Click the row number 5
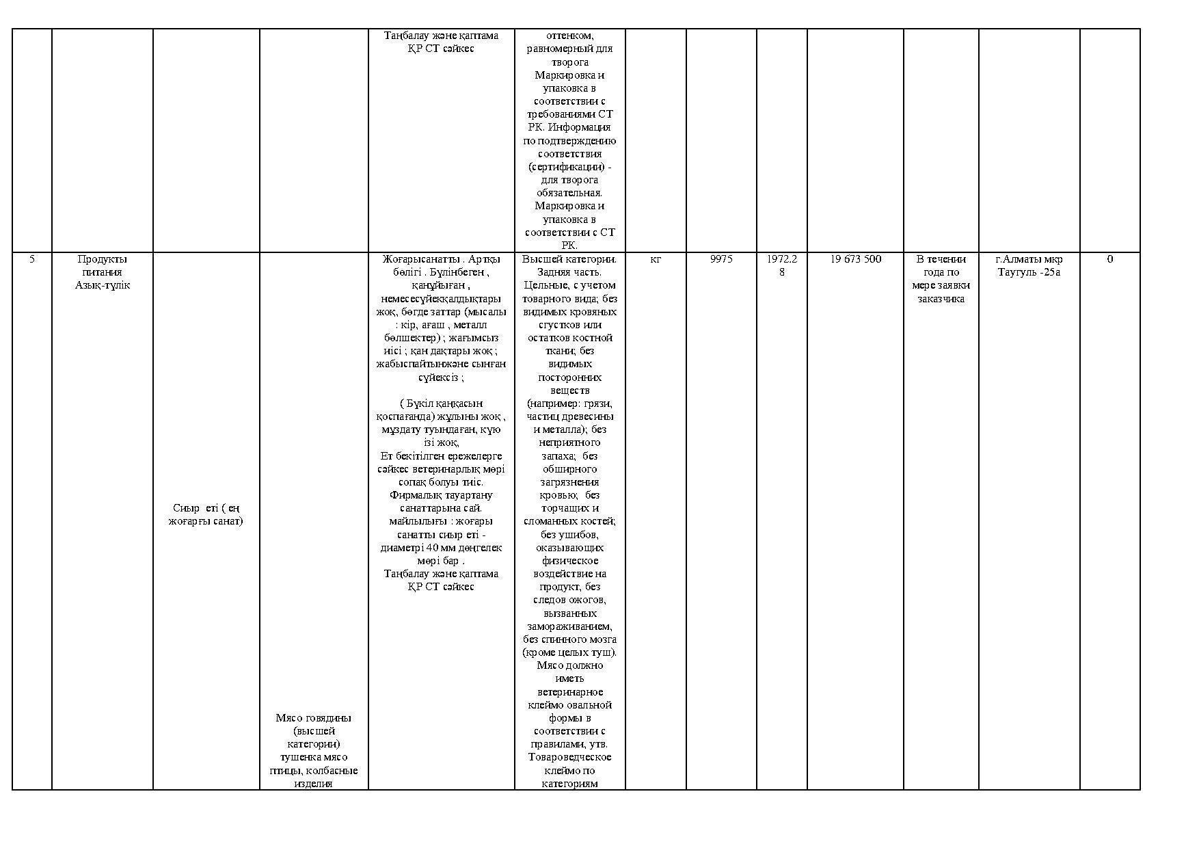click(x=31, y=259)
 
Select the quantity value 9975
click(x=721, y=259)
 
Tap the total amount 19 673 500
click(x=855, y=259)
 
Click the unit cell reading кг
click(x=656, y=259)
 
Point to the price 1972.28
click(x=781, y=265)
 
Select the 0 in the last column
click(x=1109, y=259)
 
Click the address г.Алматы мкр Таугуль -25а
click(x=1029, y=265)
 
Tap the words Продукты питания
click(x=102, y=265)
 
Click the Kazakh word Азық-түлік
click(x=103, y=285)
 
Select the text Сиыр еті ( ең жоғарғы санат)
click(x=206, y=514)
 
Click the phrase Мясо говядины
click(x=313, y=718)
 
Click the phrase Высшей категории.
click(x=569, y=259)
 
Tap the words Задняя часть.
click(x=569, y=272)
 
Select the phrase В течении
click(x=941, y=259)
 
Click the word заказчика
click(x=941, y=299)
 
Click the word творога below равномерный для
click(x=569, y=62)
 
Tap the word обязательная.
click(x=569, y=193)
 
